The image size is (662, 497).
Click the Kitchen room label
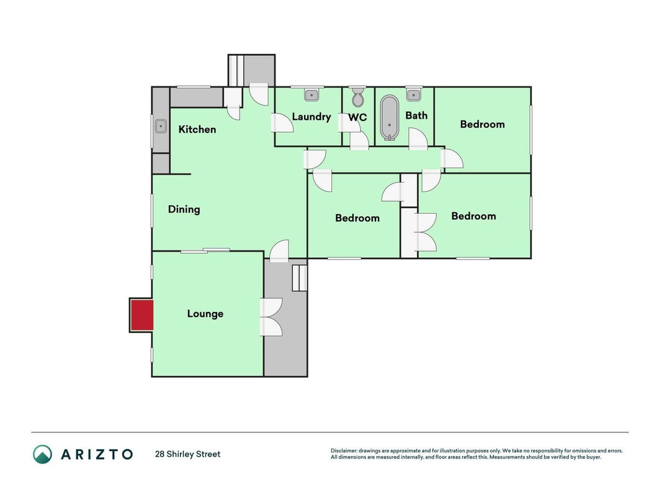click(197, 129)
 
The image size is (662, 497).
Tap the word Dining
click(184, 209)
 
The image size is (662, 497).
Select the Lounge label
click(205, 314)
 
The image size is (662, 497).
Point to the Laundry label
click(311, 117)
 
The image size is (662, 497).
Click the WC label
click(357, 117)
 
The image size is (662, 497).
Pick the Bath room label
click(416, 116)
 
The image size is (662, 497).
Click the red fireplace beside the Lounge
click(142, 315)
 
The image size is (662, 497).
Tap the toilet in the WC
click(358, 97)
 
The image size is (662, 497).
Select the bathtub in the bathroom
click(389, 118)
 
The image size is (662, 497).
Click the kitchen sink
click(161, 126)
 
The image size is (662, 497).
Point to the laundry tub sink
click(311, 94)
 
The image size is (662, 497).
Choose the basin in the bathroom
click(413, 94)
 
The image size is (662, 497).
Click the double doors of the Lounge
click(271, 317)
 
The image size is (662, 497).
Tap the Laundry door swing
click(282, 123)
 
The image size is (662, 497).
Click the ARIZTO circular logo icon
click(43, 454)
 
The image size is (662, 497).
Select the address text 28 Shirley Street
click(188, 454)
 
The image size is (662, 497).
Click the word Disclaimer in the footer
click(344, 451)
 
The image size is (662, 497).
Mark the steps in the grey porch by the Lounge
click(299, 278)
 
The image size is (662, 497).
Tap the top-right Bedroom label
click(482, 124)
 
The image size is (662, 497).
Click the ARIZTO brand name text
click(97, 454)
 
